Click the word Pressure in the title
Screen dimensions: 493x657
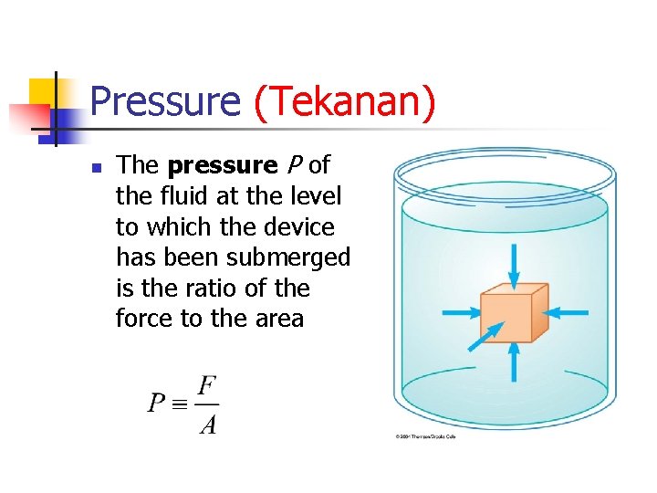[165, 101]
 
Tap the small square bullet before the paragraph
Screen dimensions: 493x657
[96, 167]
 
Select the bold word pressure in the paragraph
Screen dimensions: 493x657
[223, 165]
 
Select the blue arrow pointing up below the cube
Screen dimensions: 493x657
[514, 362]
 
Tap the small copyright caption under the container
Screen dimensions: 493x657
[424, 436]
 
